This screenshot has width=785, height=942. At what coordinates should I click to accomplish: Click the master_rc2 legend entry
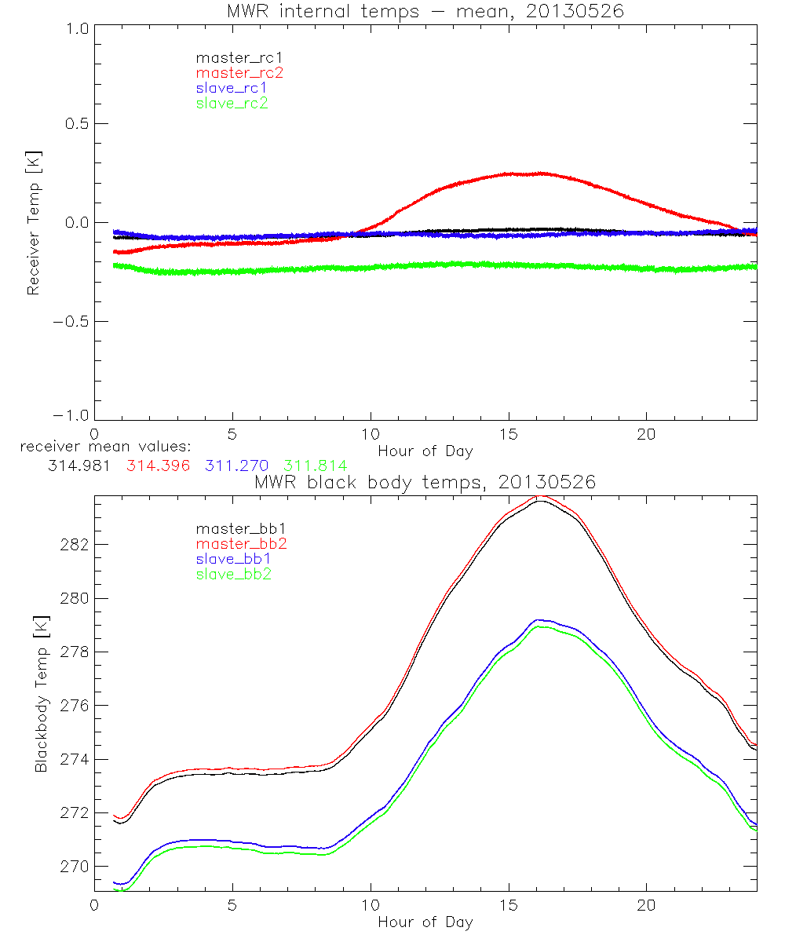click(239, 72)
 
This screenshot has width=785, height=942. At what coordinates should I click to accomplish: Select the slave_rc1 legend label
click(232, 88)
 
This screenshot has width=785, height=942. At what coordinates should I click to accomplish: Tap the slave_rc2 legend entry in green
click(232, 103)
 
